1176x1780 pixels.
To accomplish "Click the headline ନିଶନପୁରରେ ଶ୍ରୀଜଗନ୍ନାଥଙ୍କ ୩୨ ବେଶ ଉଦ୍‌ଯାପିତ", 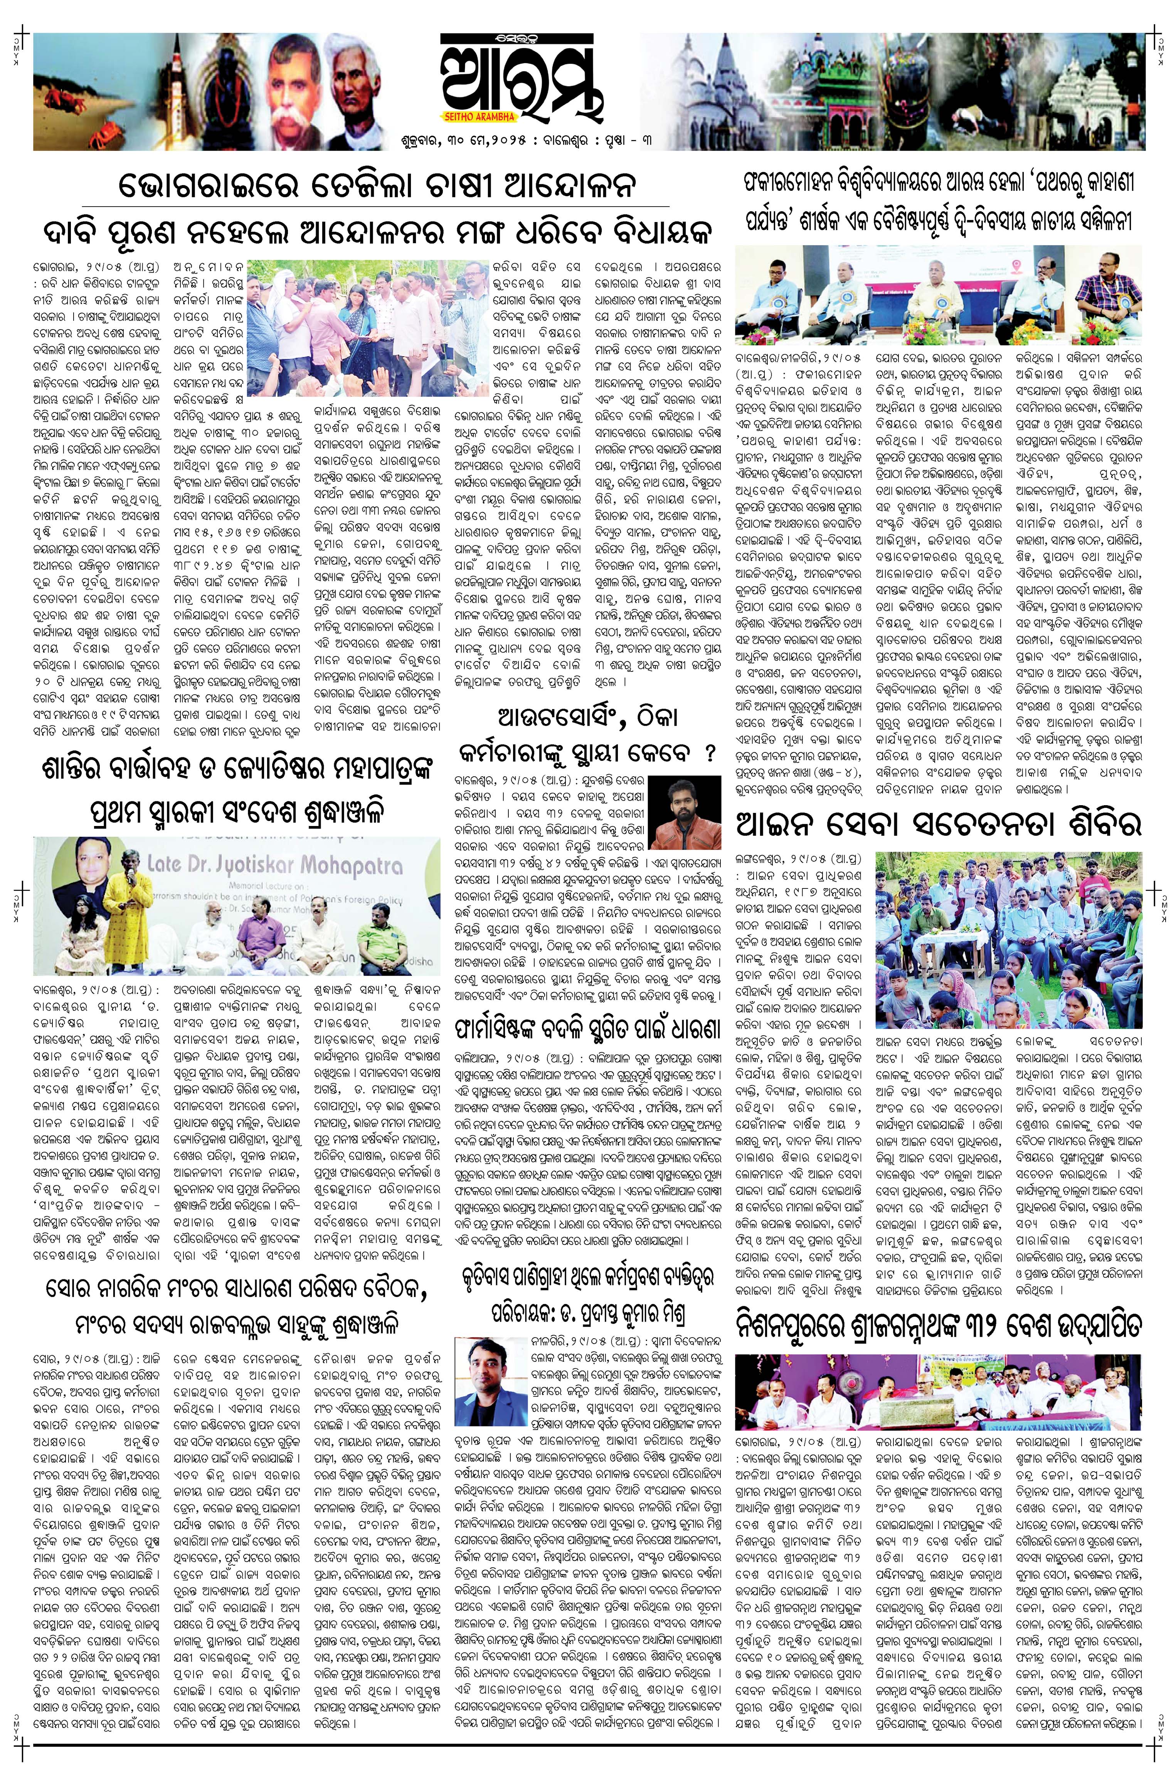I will pos(939,1326).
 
